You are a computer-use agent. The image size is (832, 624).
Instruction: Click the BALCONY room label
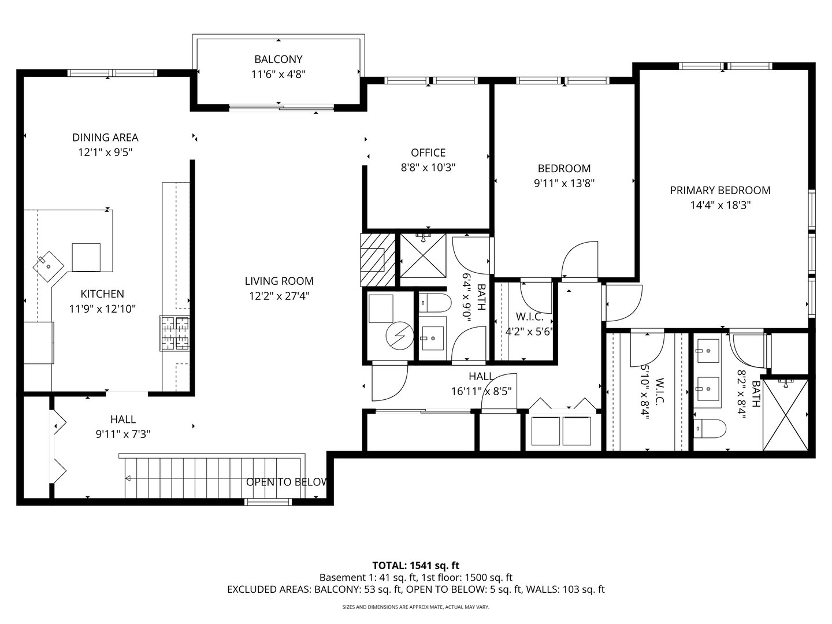278,60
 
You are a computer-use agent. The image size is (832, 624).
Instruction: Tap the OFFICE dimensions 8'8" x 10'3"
428,168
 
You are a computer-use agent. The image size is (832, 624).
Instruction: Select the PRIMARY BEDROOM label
720,190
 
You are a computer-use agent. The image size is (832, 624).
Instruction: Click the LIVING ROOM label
278,281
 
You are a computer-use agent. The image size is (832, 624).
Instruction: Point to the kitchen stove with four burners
175,333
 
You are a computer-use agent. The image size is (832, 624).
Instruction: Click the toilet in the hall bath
430,302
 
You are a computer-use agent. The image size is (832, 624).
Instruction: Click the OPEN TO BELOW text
287,482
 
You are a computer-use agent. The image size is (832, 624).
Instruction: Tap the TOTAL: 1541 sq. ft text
415,565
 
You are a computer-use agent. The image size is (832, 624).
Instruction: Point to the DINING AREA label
105,138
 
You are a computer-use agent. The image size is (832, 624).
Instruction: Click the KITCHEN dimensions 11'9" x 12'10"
102,309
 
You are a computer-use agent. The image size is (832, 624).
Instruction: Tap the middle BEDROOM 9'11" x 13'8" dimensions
564,183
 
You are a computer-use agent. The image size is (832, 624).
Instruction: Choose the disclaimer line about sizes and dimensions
415,607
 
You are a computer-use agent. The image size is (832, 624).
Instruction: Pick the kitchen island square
86,257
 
